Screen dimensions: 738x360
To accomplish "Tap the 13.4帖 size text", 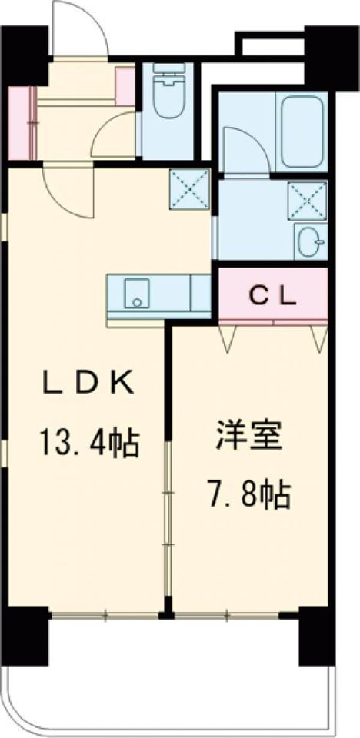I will (x=89, y=443).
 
